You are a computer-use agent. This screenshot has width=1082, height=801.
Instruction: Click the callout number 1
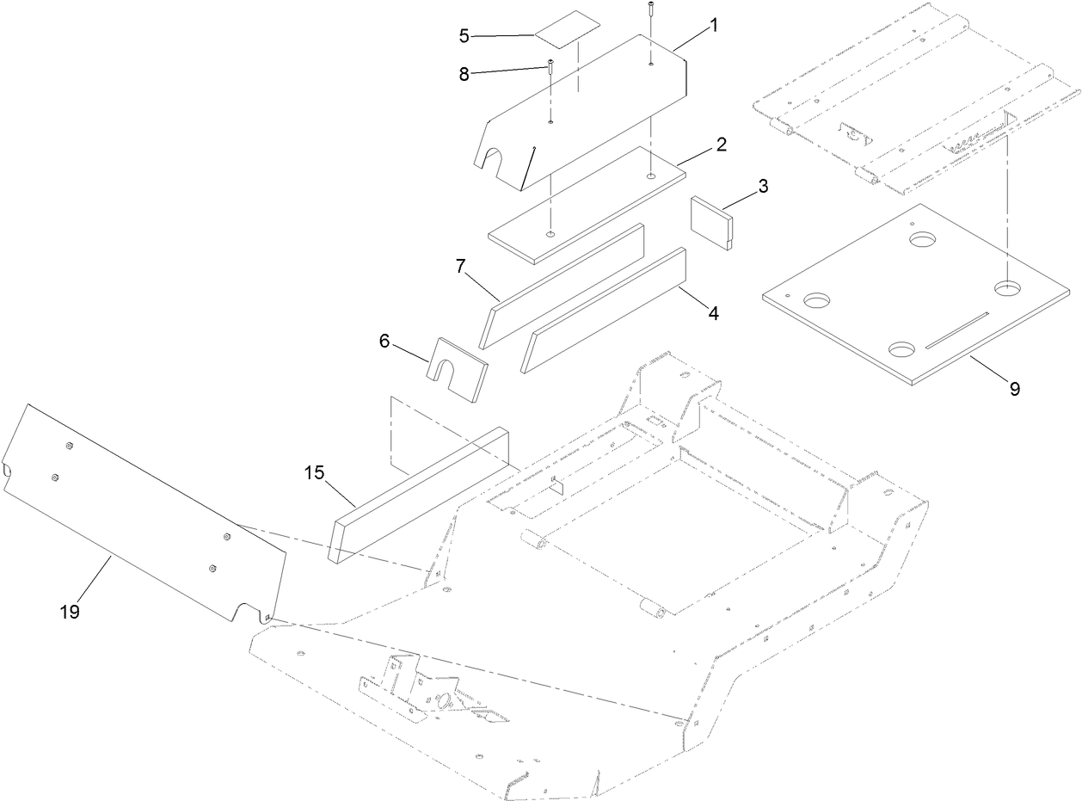[713, 26]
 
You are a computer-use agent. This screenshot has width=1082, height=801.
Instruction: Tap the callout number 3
[763, 186]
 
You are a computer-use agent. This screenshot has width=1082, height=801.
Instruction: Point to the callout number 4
[713, 313]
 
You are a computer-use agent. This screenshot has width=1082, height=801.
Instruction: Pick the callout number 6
[384, 342]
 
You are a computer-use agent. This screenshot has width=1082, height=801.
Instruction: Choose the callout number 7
[461, 267]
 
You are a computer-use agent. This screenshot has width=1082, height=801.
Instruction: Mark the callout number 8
[464, 75]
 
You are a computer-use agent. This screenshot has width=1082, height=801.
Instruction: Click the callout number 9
[1014, 389]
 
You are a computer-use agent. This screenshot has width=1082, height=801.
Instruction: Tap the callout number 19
[70, 612]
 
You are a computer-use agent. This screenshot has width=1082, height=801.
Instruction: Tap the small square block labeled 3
[712, 222]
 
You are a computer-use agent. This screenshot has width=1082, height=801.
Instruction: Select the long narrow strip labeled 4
[602, 310]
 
